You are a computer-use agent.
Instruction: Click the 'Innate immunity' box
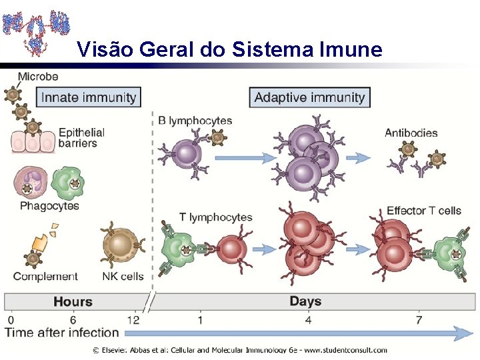pyautogui.click(x=89, y=97)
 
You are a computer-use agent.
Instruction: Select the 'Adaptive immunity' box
pyautogui.click(x=310, y=97)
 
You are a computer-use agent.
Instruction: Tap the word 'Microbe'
pyautogui.click(x=38, y=77)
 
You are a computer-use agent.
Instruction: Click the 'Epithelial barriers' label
pyautogui.click(x=81, y=137)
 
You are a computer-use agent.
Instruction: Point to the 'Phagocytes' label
pyautogui.click(x=49, y=206)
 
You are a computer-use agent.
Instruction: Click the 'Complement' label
pyautogui.click(x=45, y=277)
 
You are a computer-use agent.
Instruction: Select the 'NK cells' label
pyautogui.click(x=123, y=277)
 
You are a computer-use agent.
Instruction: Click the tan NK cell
pyautogui.click(x=121, y=246)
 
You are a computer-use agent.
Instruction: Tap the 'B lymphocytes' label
pyautogui.click(x=195, y=121)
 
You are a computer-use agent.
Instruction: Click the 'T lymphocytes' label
pyautogui.click(x=216, y=217)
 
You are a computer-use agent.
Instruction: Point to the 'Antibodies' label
pyautogui.click(x=411, y=133)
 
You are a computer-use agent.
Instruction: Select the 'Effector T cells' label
pyautogui.click(x=424, y=211)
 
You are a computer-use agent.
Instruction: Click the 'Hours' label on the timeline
pyautogui.click(x=73, y=301)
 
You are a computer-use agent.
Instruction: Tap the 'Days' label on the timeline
pyautogui.click(x=305, y=301)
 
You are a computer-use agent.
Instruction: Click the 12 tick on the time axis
pyautogui.click(x=133, y=319)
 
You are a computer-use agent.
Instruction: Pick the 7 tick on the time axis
pyautogui.click(x=418, y=319)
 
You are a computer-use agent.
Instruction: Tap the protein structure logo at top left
pyautogui.click(x=36, y=29)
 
